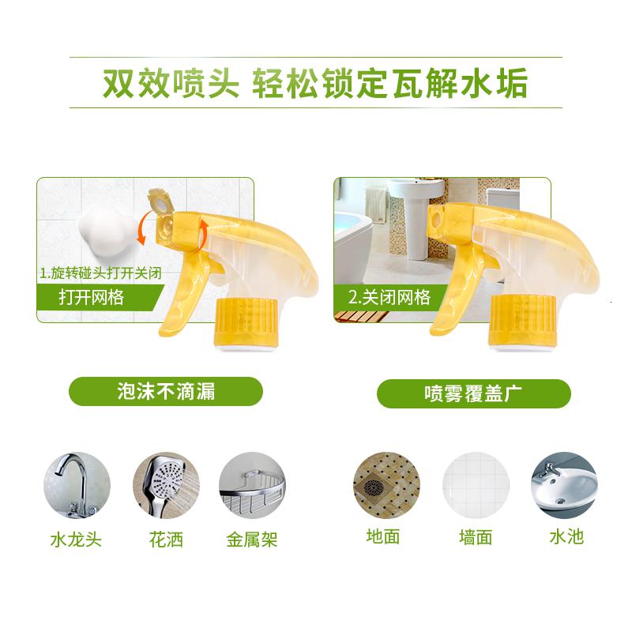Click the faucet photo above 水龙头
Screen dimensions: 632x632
[x=77, y=485]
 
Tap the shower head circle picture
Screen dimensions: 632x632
[x=167, y=485]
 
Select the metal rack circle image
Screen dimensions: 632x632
[x=252, y=485]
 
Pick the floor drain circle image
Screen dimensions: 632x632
[x=386, y=485]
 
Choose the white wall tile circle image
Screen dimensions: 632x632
[x=476, y=485]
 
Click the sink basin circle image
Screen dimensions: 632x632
[x=564, y=485]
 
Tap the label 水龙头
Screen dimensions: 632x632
[x=76, y=540]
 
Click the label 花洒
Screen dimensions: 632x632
[x=166, y=540]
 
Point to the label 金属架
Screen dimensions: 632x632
[x=252, y=540]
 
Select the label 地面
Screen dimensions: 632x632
[x=383, y=537]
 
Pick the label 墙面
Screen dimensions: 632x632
[x=476, y=537]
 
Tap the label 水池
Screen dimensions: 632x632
[x=566, y=537]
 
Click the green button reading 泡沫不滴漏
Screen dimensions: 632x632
[x=166, y=391]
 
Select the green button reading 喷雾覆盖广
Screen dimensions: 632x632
[x=473, y=393]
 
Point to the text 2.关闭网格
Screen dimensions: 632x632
[x=389, y=298]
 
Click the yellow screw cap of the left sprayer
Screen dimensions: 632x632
[x=247, y=322]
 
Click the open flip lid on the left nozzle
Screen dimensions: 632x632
[x=160, y=201]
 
